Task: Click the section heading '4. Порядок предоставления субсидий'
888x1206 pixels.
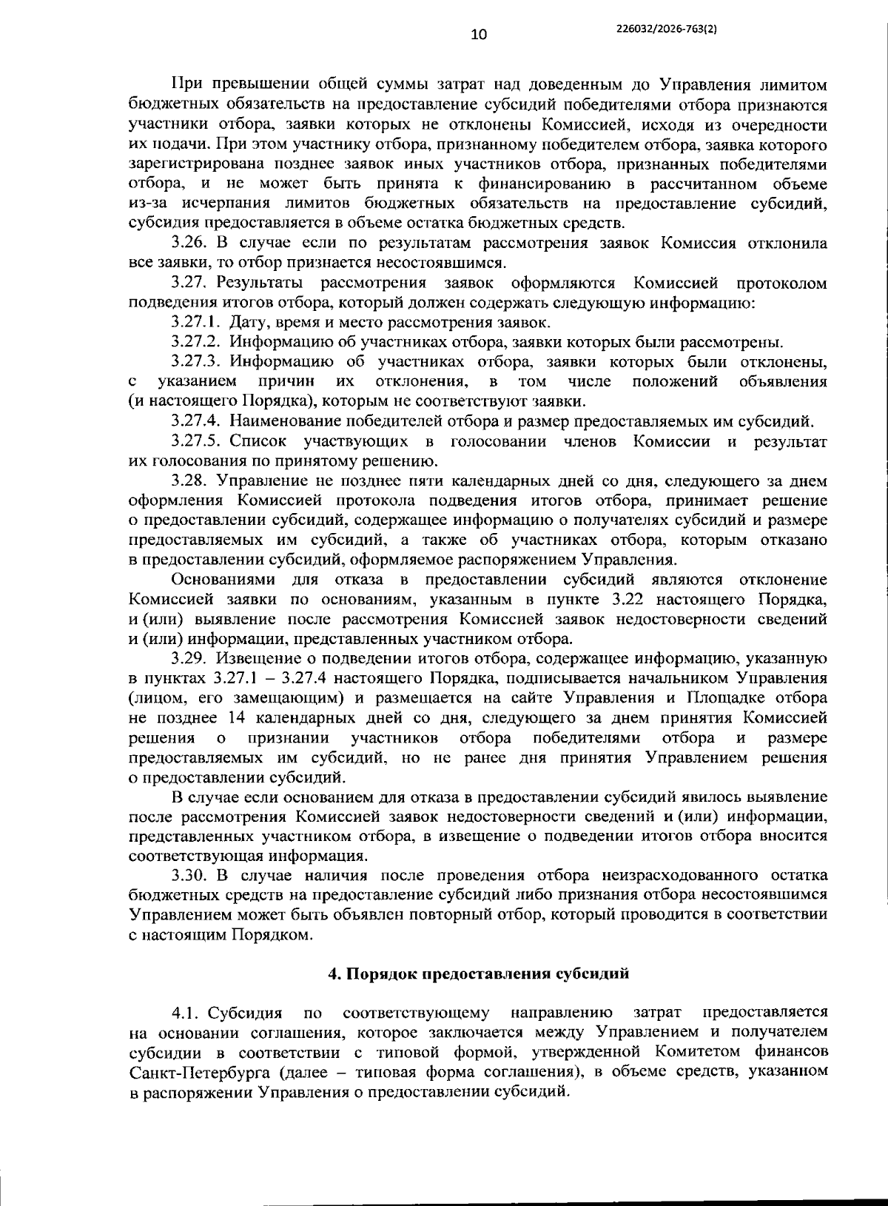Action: (x=479, y=974)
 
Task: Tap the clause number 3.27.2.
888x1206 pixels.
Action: (x=196, y=342)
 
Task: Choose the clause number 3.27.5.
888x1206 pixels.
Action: (x=196, y=442)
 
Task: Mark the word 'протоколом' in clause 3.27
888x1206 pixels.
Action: (x=781, y=283)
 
